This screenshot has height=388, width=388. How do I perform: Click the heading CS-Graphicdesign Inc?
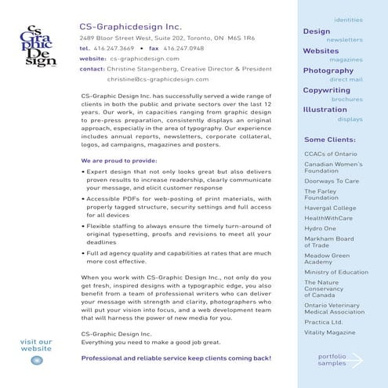click(129, 26)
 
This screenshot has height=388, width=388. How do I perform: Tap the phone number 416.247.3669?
click(114, 48)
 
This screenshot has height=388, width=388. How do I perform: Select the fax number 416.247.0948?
click(183, 48)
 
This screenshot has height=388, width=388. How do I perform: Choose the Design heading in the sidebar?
click(317, 31)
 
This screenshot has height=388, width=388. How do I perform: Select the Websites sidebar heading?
click(321, 51)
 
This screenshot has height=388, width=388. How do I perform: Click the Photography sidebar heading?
click(328, 71)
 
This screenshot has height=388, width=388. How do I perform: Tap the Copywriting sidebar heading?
click(327, 90)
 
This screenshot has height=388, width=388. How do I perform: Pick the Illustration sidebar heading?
click(325, 110)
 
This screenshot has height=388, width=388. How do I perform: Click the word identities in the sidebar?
click(348, 20)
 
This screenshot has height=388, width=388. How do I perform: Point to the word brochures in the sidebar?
click(346, 100)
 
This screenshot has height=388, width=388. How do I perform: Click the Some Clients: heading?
click(330, 140)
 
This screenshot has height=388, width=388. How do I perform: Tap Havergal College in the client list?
click(330, 208)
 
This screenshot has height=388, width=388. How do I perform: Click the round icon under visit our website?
click(36, 360)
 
